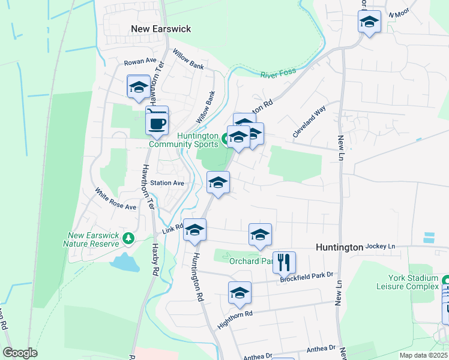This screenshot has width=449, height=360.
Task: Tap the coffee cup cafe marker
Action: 157,123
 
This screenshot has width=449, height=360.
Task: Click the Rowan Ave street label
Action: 140,62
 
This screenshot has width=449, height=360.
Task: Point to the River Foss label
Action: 279,73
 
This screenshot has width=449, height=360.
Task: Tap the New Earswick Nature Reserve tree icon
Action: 128,239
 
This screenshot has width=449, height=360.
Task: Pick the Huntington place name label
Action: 339,247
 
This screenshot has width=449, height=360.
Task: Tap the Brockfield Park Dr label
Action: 306,277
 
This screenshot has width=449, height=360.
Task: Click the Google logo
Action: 20,353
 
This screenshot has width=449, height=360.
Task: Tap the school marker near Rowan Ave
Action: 139,86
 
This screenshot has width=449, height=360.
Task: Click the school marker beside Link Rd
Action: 194,230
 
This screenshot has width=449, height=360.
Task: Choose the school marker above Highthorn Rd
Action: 240,293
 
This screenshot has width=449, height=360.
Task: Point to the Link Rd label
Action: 172,230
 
